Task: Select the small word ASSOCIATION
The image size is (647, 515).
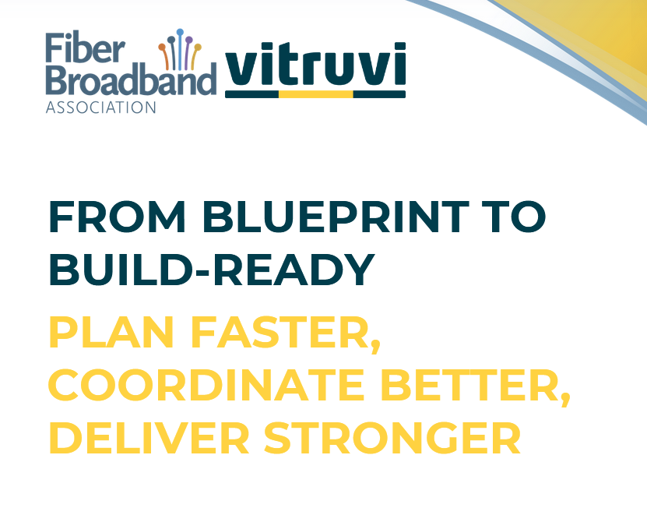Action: [x=100, y=107]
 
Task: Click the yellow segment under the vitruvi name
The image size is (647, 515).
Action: [x=315, y=94]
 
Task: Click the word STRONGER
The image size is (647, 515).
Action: [x=392, y=438]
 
